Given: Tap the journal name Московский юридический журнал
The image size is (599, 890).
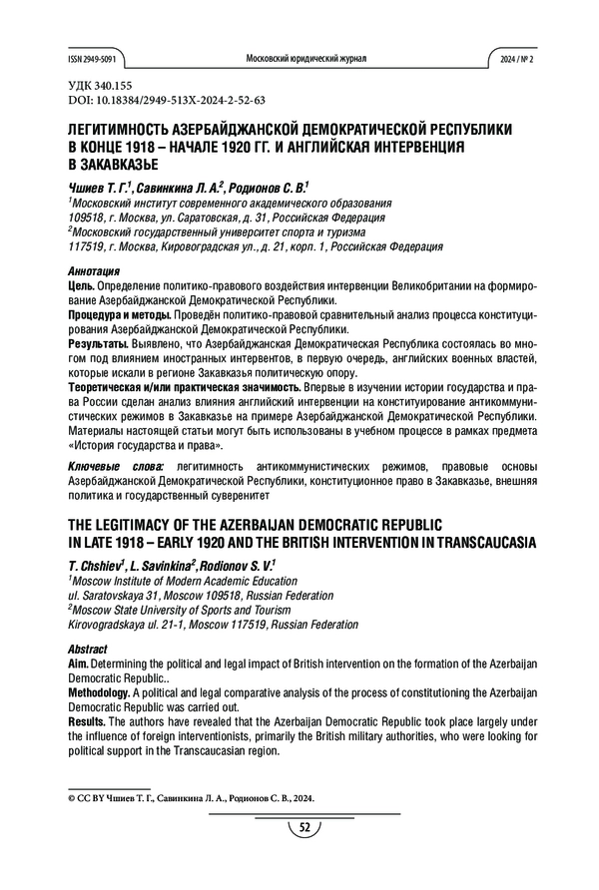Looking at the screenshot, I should click(305, 59).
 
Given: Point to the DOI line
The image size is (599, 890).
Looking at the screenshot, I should click(163, 102).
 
